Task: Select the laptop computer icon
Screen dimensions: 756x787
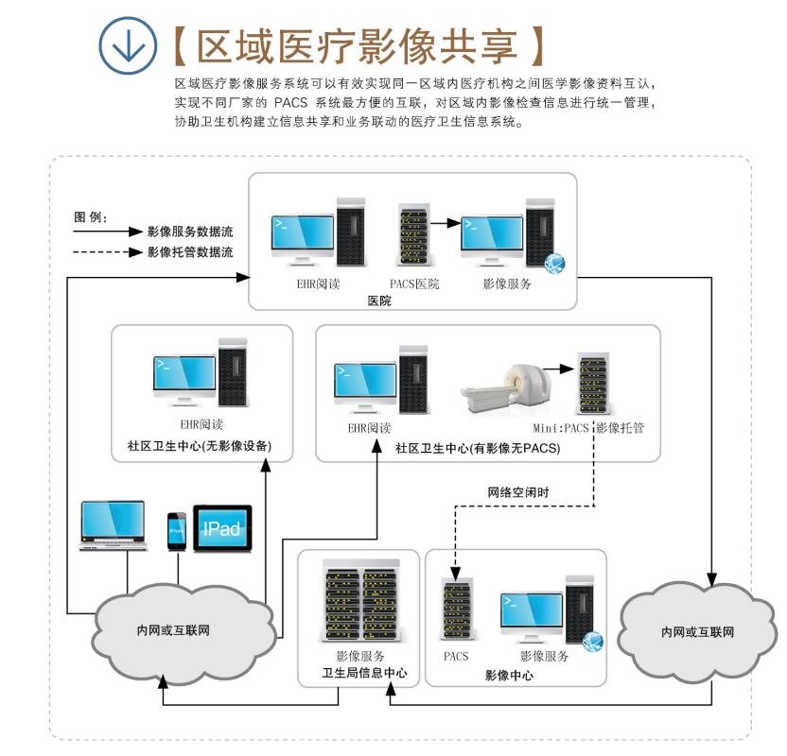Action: tap(113, 525)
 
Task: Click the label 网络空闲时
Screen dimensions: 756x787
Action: tap(518, 493)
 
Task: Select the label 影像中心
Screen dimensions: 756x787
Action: tap(509, 676)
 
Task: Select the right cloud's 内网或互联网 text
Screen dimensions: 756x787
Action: tap(697, 631)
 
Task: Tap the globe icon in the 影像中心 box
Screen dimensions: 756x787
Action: tap(593, 640)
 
